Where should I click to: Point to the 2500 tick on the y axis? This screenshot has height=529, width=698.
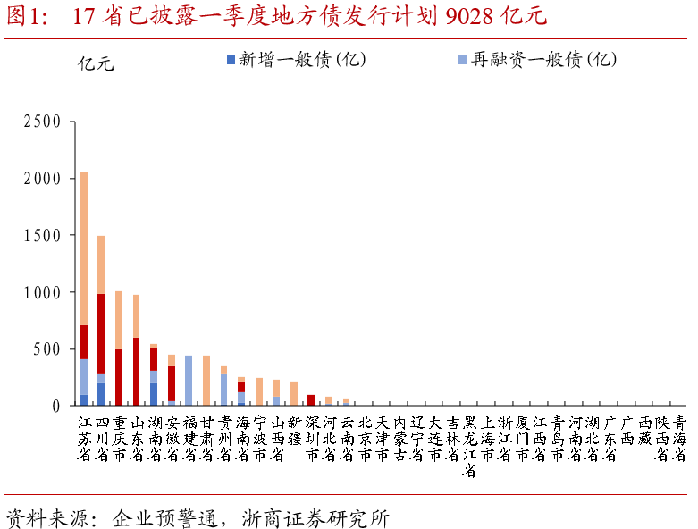tap(42, 122)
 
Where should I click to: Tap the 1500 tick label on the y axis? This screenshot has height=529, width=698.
tap(42, 235)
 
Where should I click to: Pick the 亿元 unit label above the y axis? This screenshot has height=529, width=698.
tap(96, 63)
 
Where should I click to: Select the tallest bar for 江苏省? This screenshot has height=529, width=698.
tap(84, 286)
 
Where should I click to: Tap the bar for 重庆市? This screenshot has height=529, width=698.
tap(119, 348)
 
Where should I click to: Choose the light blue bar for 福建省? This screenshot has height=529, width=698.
tap(189, 381)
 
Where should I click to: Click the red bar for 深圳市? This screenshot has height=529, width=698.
tap(311, 400)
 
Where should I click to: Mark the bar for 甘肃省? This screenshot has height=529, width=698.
tap(206, 381)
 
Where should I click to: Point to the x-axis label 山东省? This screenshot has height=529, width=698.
tap(136, 438)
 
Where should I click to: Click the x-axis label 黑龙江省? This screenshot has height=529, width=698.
tap(469, 446)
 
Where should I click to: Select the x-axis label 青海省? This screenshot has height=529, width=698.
tap(680, 438)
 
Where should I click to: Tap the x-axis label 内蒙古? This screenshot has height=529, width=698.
tap(399, 438)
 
